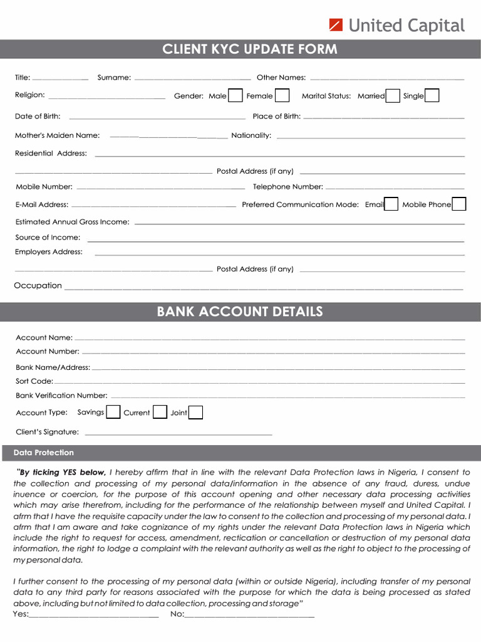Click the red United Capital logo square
[x=336, y=25]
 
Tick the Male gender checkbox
[x=235, y=95]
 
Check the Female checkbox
[x=282, y=95]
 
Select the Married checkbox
[x=393, y=95]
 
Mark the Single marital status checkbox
[x=432, y=95]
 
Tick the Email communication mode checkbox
[x=391, y=204]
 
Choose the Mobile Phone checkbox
[x=459, y=204]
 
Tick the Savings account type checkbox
[x=113, y=412]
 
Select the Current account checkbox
[x=160, y=412]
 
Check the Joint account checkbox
[x=195, y=412]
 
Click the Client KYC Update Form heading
[x=249, y=49]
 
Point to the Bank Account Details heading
[x=240, y=312]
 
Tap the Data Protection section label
[x=44, y=453]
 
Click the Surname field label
[x=114, y=78]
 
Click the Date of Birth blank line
[x=157, y=117]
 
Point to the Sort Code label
[x=34, y=381]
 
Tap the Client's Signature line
[x=178, y=433]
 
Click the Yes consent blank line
[x=94, y=616]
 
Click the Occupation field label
[x=38, y=286]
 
